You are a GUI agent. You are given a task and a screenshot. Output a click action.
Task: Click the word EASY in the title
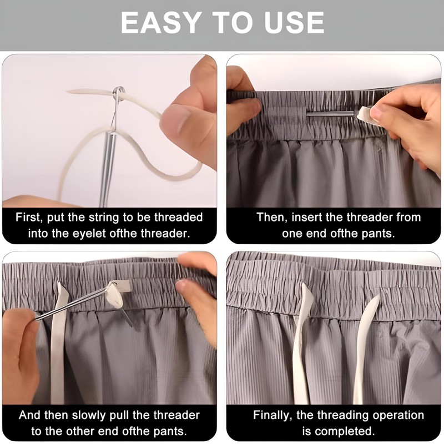[155, 23]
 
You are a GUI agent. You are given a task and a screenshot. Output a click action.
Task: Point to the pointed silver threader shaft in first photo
[106, 167]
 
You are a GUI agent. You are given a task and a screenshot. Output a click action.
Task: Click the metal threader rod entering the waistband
[330, 114]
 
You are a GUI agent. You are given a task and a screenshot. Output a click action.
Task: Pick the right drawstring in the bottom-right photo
[364, 344]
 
